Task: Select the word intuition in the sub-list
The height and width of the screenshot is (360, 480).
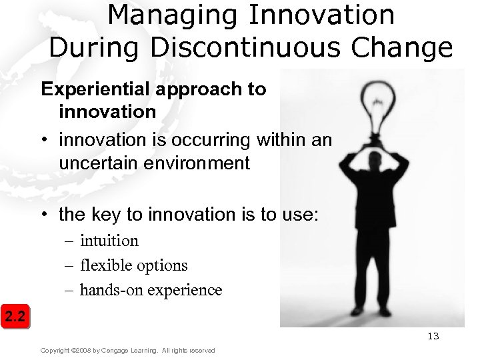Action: coord(109,241)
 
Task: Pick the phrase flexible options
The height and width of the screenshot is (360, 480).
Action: coord(134,265)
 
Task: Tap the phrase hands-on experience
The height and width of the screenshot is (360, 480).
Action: coord(151,290)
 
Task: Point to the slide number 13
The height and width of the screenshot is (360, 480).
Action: coord(433,336)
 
